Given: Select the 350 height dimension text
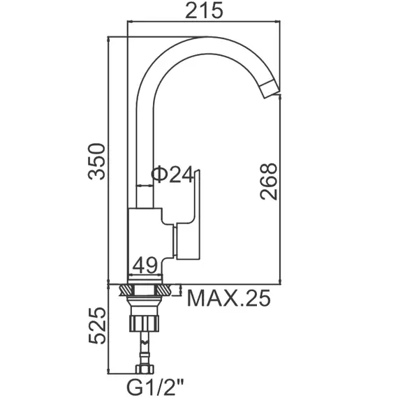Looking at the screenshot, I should pos(98,161).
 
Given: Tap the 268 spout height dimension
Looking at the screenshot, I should pos(269,181).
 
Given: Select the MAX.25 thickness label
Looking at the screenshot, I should pos(228,298).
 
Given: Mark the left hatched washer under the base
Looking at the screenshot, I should pos(126,288).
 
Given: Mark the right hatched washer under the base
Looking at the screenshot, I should pos(165,288).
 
